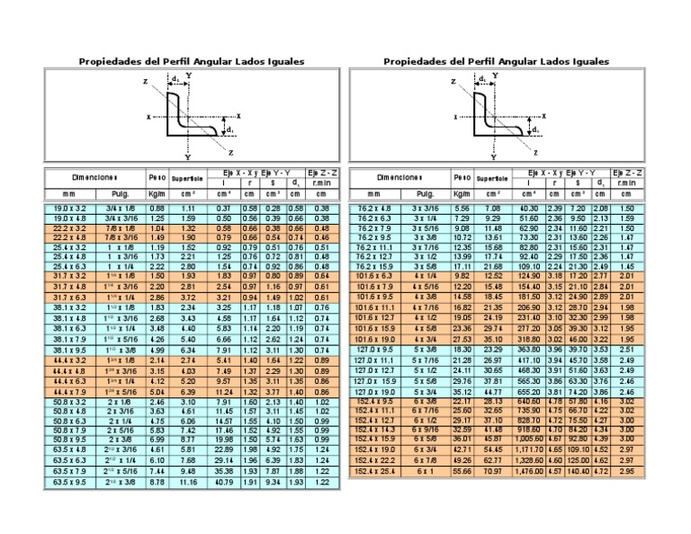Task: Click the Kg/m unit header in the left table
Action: click(x=156, y=193)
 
